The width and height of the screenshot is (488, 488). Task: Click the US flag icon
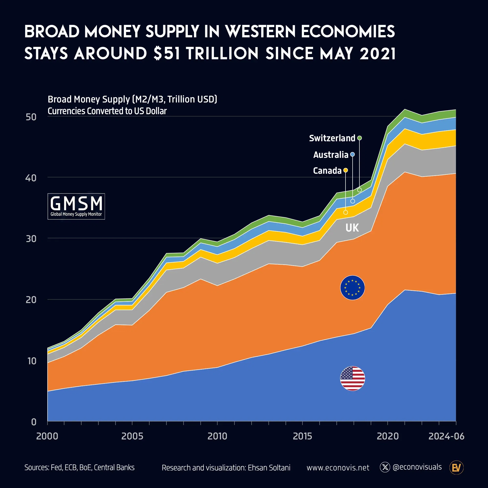click(352, 378)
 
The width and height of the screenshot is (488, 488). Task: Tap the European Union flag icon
click(352, 287)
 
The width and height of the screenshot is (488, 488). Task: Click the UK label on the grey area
click(352, 228)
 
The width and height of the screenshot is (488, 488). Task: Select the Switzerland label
click(332, 138)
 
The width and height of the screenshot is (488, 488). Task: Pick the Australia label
click(330, 155)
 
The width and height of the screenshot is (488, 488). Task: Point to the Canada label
click(327, 171)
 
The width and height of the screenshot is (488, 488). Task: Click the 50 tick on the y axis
click(31, 117)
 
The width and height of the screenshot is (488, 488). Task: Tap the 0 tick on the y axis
click(34, 422)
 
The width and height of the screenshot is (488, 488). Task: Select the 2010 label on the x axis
click(217, 436)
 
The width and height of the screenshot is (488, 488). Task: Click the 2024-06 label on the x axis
click(446, 436)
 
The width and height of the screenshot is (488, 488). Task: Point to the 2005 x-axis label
click(132, 436)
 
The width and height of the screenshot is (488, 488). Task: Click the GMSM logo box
click(76, 206)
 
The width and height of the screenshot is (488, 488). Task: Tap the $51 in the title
click(167, 53)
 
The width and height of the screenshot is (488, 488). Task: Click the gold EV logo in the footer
click(456, 468)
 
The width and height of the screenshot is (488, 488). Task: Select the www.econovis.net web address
click(338, 468)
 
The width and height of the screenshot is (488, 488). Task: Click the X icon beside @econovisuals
click(385, 467)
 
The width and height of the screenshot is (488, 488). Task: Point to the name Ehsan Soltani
click(269, 468)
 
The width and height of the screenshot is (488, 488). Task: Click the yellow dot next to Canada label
click(346, 170)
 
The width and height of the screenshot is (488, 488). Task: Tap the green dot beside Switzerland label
click(359, 138)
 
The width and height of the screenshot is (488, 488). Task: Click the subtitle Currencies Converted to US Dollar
click(107, 111)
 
